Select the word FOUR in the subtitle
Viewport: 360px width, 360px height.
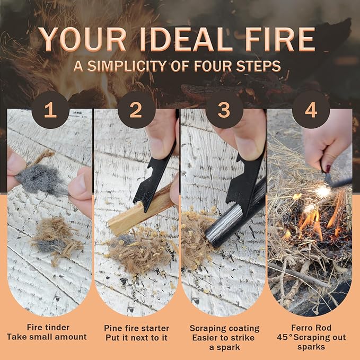click(x=213, y=66)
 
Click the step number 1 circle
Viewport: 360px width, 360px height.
click(x=50, y=110)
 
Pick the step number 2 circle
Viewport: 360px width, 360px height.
click(x=136, y=110)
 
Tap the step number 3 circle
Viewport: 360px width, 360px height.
click(x=224, y=110)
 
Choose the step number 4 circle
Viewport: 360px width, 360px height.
click(x=311, y=110)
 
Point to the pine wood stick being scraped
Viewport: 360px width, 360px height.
click(x=140, y=211)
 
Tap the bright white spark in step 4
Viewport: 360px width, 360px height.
click(x=323, y=191)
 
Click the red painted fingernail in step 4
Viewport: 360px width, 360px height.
click(x=328, y=169)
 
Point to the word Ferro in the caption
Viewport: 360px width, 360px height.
click(x=301, y=328)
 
